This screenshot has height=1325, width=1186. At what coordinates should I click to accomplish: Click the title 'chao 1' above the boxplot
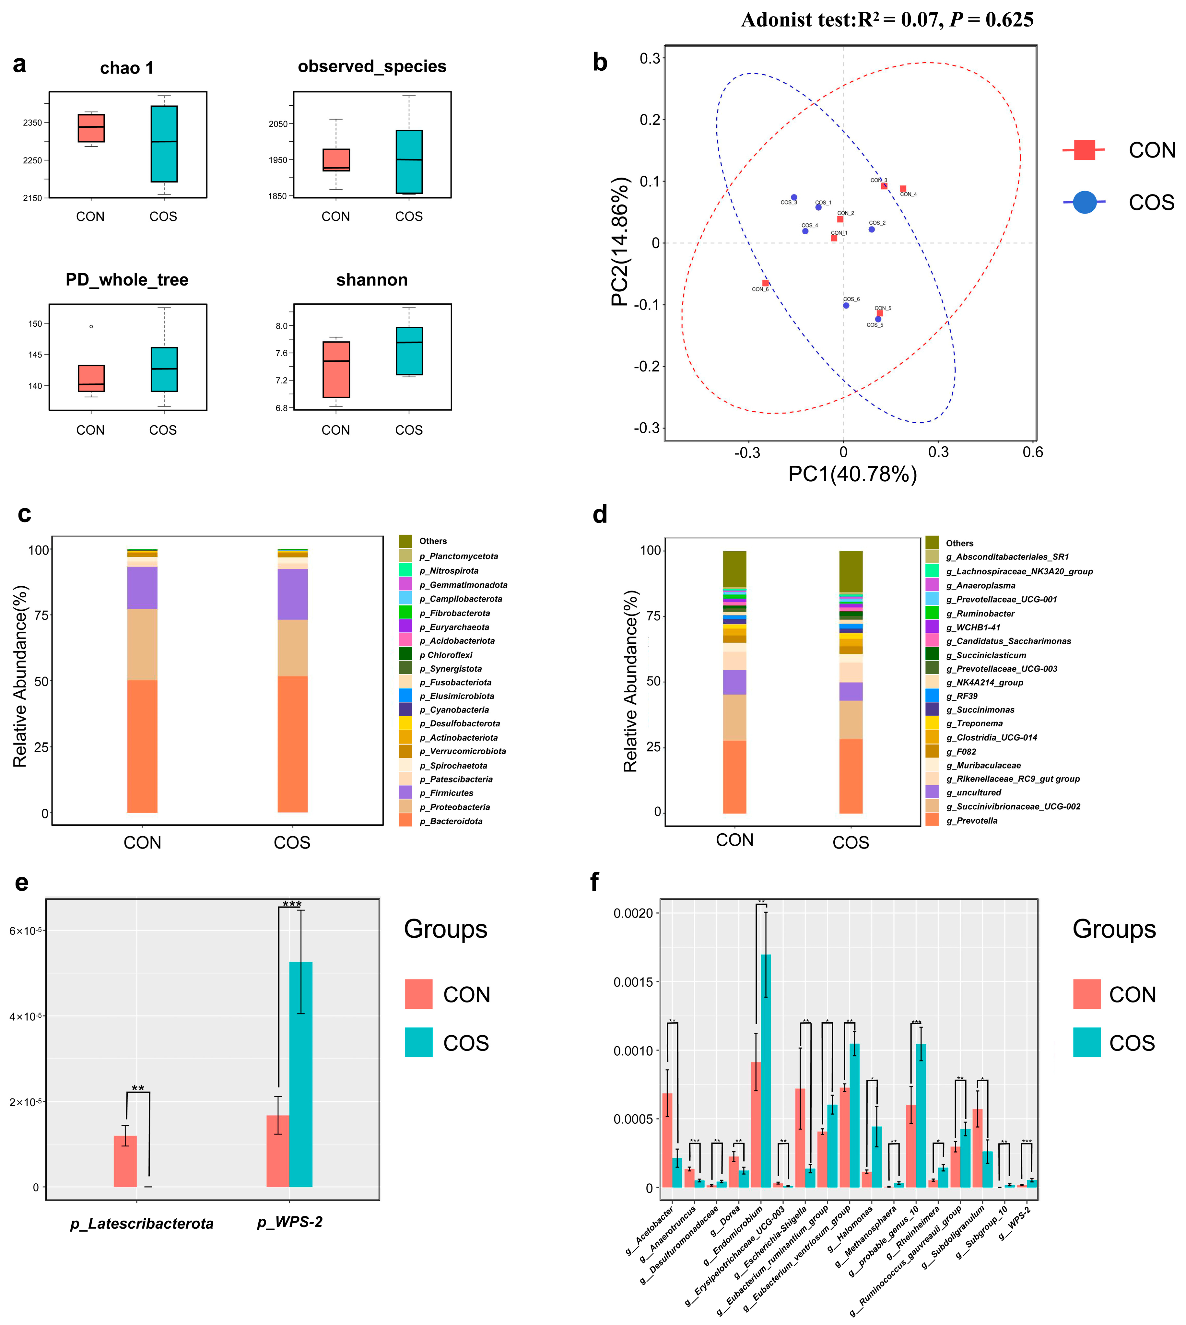(x=126, y=68)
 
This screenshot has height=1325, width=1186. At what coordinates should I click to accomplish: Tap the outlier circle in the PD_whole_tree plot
(x=91, y=326)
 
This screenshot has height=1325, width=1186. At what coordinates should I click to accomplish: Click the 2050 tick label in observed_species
(x=278, y=124)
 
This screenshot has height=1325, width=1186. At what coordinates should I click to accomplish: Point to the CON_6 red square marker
(x=766, y=283)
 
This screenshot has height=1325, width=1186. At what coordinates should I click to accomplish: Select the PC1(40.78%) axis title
(x=852, y=474)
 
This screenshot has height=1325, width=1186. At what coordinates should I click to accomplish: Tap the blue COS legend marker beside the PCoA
(x=1084, y=203)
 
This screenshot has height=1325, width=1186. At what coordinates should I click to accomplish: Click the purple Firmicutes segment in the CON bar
(x=142, y=588)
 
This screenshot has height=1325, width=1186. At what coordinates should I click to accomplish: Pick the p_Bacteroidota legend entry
(x=451, y=821)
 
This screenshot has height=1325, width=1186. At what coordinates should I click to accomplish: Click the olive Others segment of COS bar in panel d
(x=851, y=571)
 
